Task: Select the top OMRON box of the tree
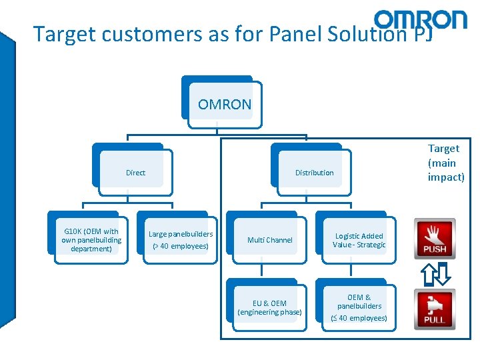pyautogui.click(x=225, y=104)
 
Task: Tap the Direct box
pyautogui.click(x=135, y=173)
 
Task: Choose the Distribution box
pyautogui.click(x=314, y=173)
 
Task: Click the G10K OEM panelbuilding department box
pyautogui.click(x=91, y=240)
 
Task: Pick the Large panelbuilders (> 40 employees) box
pyautogui.click(x=181, y=240)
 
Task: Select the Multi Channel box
pyautogui.click(x=269, y=240)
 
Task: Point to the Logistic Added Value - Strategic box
pyautogui.click(x=359, y=240)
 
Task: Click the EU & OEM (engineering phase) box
pyautogui.click(x=269, y=307)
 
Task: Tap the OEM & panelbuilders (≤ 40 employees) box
pyautogui.click(x=359, y=307)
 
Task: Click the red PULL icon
pyautogui.click(x=434, y=309)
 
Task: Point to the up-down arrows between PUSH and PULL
pyautogui.click(x=434, y=273)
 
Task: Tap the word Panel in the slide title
pyautogui.click(x=296, y=33)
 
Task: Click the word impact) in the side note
pyautogui.click(x=446, y=177)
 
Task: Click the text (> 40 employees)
pyautogui.click(x=181, y=247)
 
